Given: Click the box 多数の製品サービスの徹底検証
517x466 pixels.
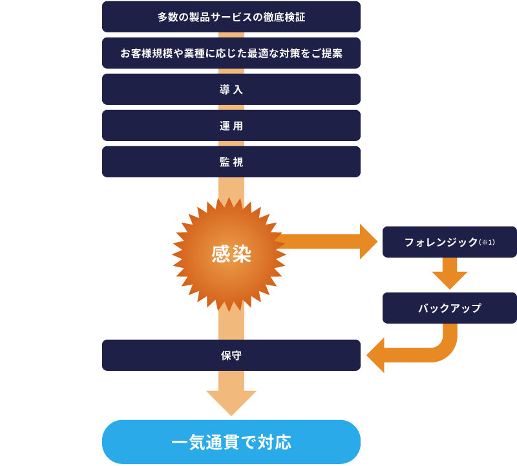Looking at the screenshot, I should click(x=231, y=17).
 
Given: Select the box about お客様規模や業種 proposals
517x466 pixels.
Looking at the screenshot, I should click(x=231, y=53).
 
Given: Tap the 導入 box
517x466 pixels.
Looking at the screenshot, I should click(x=231, y=89).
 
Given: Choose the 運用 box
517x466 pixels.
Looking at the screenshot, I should click(x=231, y=126).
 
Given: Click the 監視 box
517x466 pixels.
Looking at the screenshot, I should click(x=231, y=162).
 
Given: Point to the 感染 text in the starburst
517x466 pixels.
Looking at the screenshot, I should click(x=231, y=253).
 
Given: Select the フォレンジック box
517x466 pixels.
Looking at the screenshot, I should click(x=449, y=242).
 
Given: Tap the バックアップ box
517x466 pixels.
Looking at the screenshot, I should click(x=449, y=308).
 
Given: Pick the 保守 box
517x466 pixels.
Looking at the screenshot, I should click(x=231, y=355).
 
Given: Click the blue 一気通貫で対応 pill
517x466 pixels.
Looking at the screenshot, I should click(x=231, y=443).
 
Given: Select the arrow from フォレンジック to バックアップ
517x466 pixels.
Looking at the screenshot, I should click(x=450, y=274).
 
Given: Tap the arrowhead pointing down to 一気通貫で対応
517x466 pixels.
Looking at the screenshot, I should click(x=231, y=401).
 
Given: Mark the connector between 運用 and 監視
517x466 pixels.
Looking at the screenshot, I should click(x=231, y=144).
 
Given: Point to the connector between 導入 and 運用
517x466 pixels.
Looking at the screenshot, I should click(x=231, y=107).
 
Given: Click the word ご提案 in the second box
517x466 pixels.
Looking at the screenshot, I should click(x=327, y=53).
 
